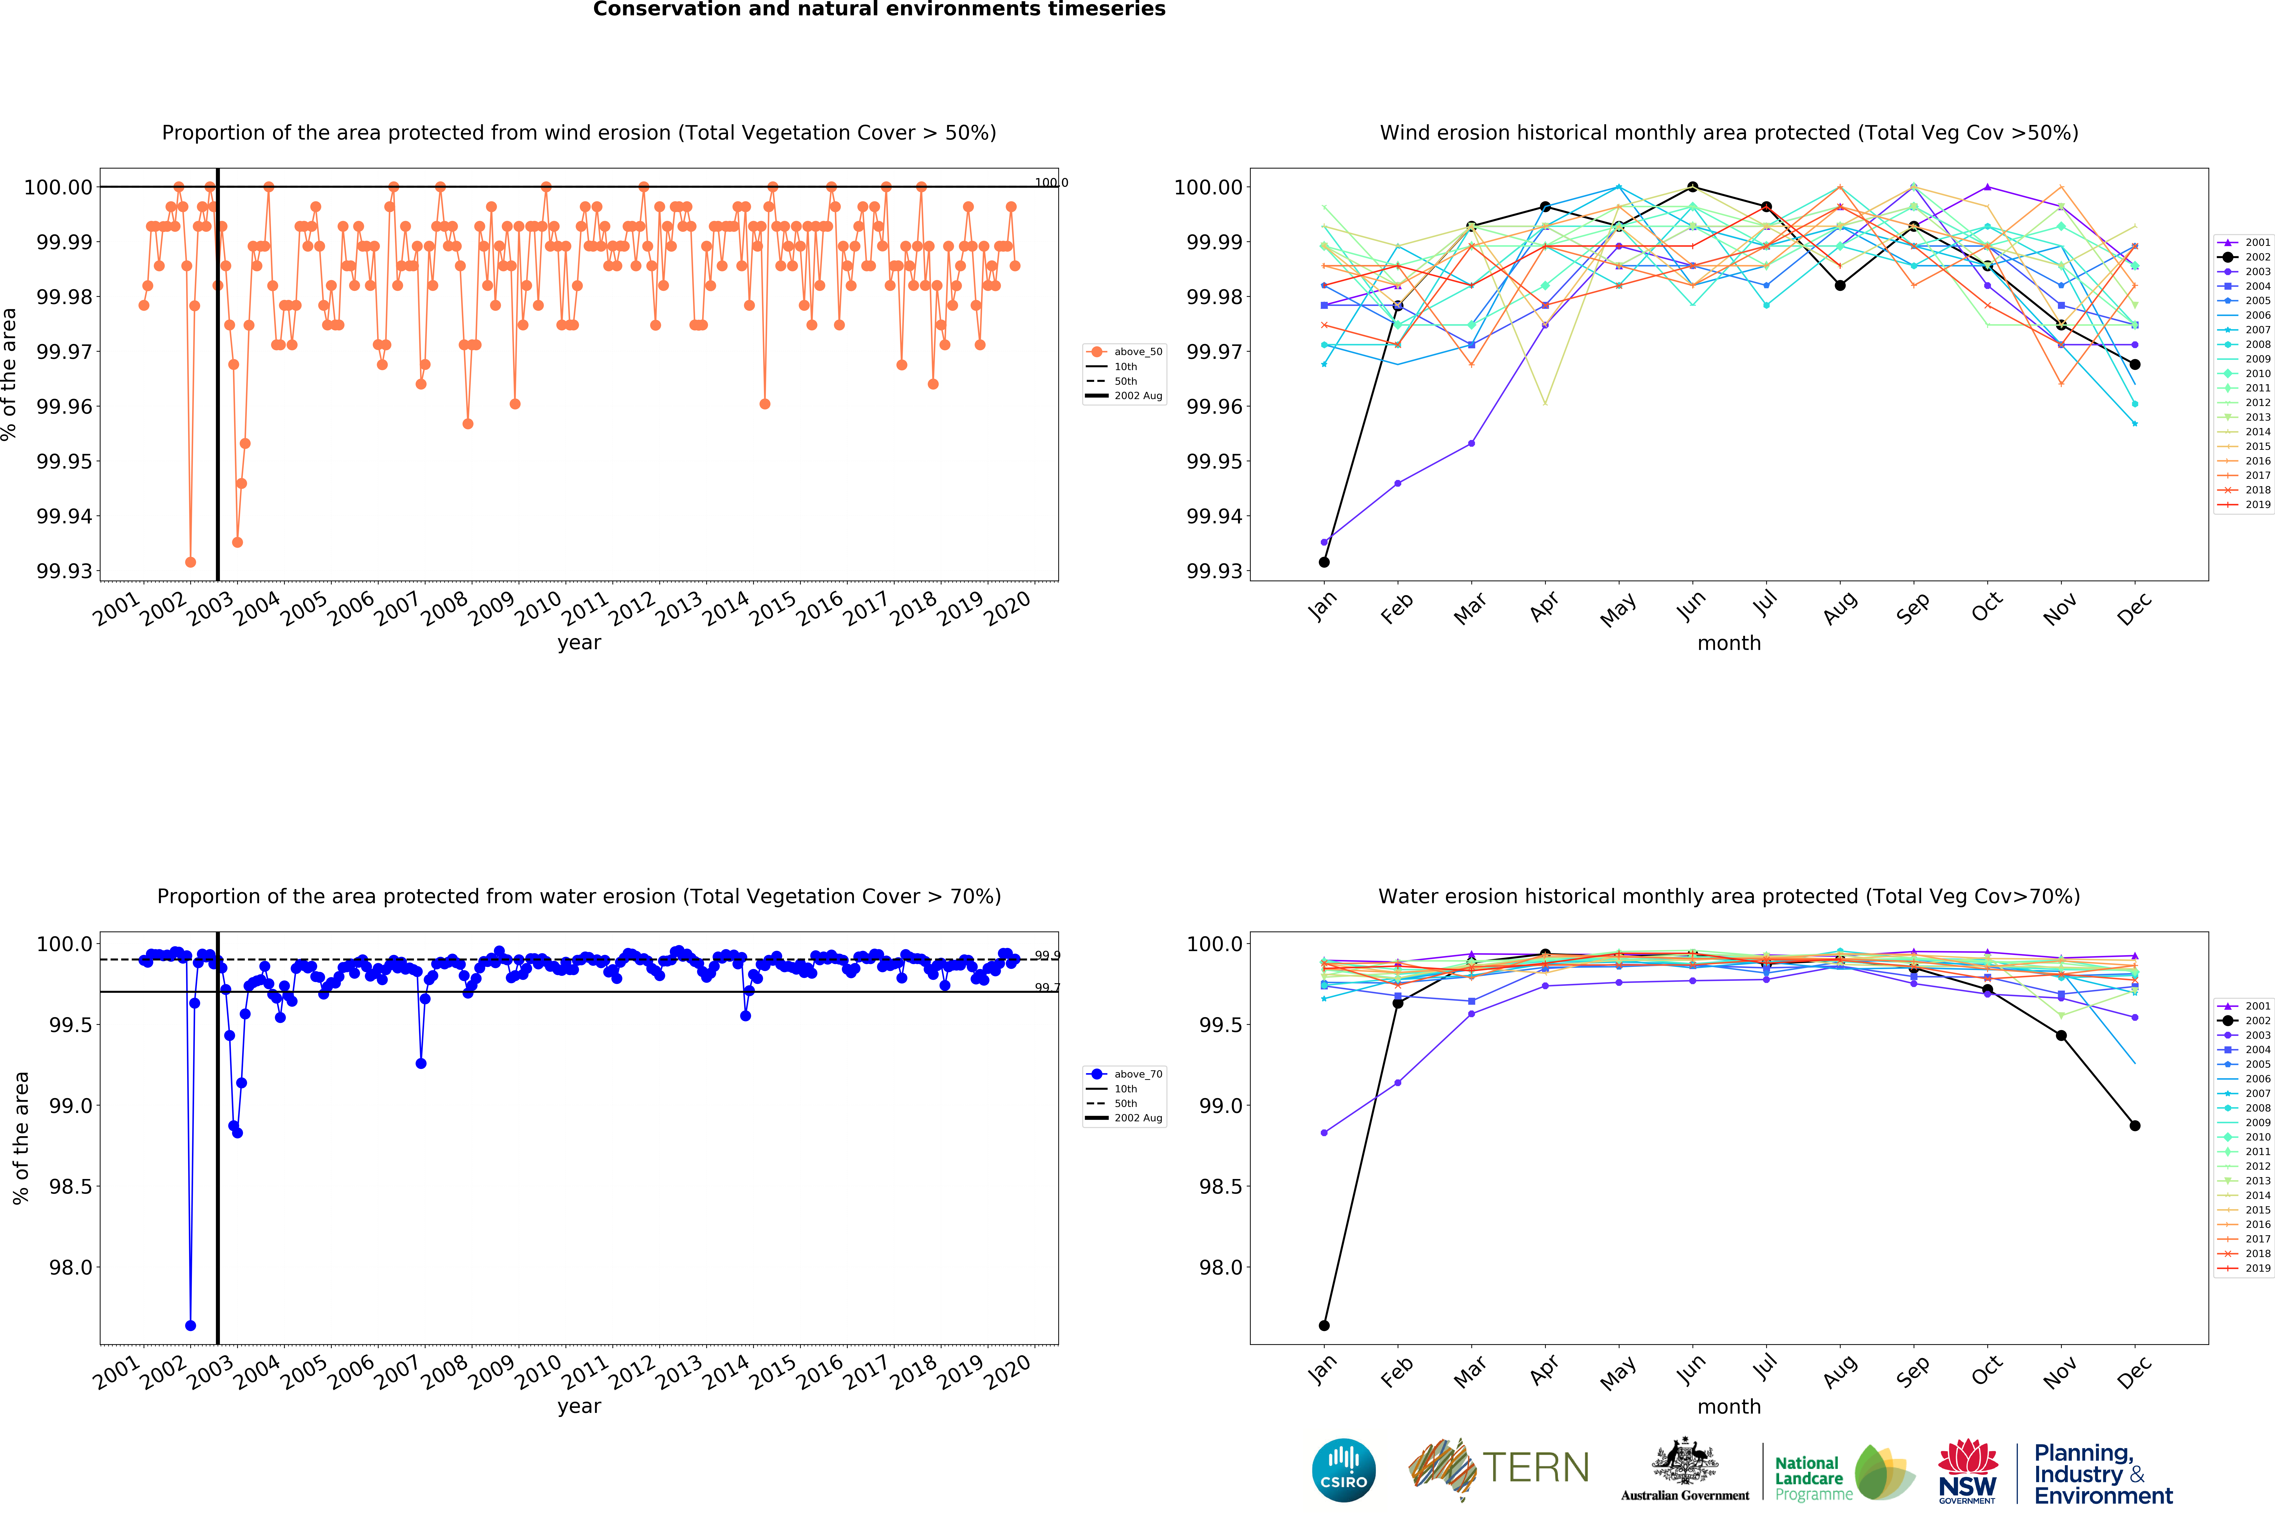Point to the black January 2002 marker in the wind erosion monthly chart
(x=1324, y=562)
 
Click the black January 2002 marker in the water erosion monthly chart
(x=1324, y=1325)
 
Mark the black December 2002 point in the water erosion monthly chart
(x=2135, y=1125)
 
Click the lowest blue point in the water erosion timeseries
(x=190, y=1325)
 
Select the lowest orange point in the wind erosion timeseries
(x=190, y=562)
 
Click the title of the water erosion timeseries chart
(x=579, y=896)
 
